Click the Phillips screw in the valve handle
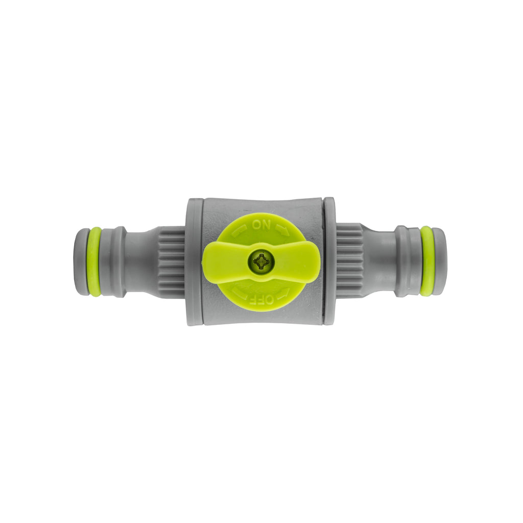tap(261, 261)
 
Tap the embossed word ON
tap(261, 225)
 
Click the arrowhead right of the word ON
tap(282, 230)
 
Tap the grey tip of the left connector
tap(81, 261)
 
